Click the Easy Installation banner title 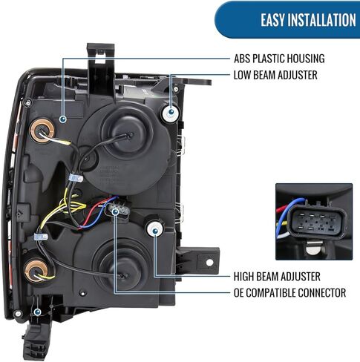pyautogui.click(x=308, y=20)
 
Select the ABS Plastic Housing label pyautogui.click(x=279, y=59)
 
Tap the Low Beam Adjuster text pyautogui.click(x=275, y=75)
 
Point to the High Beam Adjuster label pyautogui.click(x=277, y=277)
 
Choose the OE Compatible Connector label pyautogui.click(x=289, y=293)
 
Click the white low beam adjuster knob pyautogui.click(x=171, y=113)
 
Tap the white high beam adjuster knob pyautogui.click(x=155, y=229)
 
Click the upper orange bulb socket pyautogui.click(x=42, y=131)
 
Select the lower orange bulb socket pyautogui.click(x=36, y=270)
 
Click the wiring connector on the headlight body pyautogui.click(x=118, y=210)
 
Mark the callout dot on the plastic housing pyautogui.click(x=63, y=119)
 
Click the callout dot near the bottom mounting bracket pyautogui.click(x=37, y=312)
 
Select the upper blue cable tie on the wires pyautogui.click(x=75, y=178)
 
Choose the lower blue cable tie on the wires pyautogui.click(x=41, y=237)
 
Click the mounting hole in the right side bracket pyautogui.click(x=209, y=263)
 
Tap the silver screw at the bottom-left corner pyautogui.click(x=18, y=314)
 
